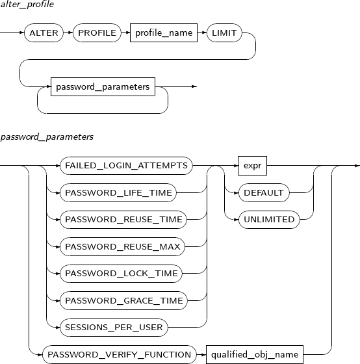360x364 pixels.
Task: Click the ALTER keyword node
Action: (x=44, y=32)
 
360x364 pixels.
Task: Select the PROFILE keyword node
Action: (x=97, y=32)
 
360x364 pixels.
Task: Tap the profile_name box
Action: (x=164, y=32)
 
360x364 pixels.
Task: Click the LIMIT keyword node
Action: (x=224, y=32)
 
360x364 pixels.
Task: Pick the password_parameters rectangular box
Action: (x=103, y=86)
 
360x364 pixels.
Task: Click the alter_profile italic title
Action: (x=27, y=5)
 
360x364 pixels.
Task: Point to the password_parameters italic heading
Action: (x=47, y=137)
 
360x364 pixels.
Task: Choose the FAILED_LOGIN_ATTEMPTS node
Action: (x=126, y=166)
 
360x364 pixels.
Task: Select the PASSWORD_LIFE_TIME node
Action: (x=118, y=192)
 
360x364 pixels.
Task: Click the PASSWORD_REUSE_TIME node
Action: (x=123, y=220)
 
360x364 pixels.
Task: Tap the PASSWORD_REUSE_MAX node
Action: (x=123, y=246)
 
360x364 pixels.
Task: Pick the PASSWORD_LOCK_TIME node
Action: (x=121, y=274)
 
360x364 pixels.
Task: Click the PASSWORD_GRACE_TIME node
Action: (x=123, y=300)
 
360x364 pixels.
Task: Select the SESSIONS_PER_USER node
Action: (x=114, y=328)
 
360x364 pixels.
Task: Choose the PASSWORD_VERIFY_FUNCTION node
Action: (x=120, y=355)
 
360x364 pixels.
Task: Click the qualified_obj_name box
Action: (x=255, y=355)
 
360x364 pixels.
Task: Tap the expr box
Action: (x=252, y=166)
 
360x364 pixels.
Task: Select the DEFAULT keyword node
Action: (x=264, y=192)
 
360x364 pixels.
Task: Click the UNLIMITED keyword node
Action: (x=269, y=220)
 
